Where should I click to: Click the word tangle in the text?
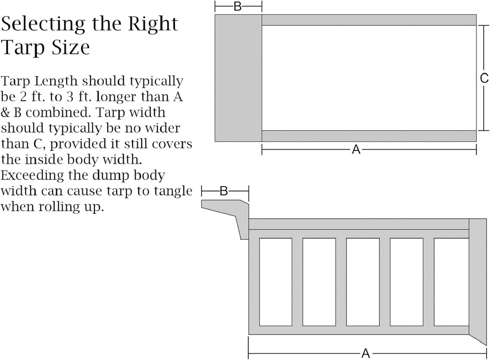tap(173, 191)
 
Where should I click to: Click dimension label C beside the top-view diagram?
tap(484, 78)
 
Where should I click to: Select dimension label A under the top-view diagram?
tap(356, 150)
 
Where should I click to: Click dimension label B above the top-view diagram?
tap(237, 6)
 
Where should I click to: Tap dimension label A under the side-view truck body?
tap(366, 353)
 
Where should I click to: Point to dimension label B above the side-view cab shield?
tap(224, 191)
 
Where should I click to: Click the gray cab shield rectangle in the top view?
tap(238, 78)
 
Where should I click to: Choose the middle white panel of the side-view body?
tap(363, 282)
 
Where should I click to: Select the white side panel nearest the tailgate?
tap(451, 282)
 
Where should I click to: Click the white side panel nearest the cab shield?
tap(276, 282)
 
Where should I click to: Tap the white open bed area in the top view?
tap(369, 78)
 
